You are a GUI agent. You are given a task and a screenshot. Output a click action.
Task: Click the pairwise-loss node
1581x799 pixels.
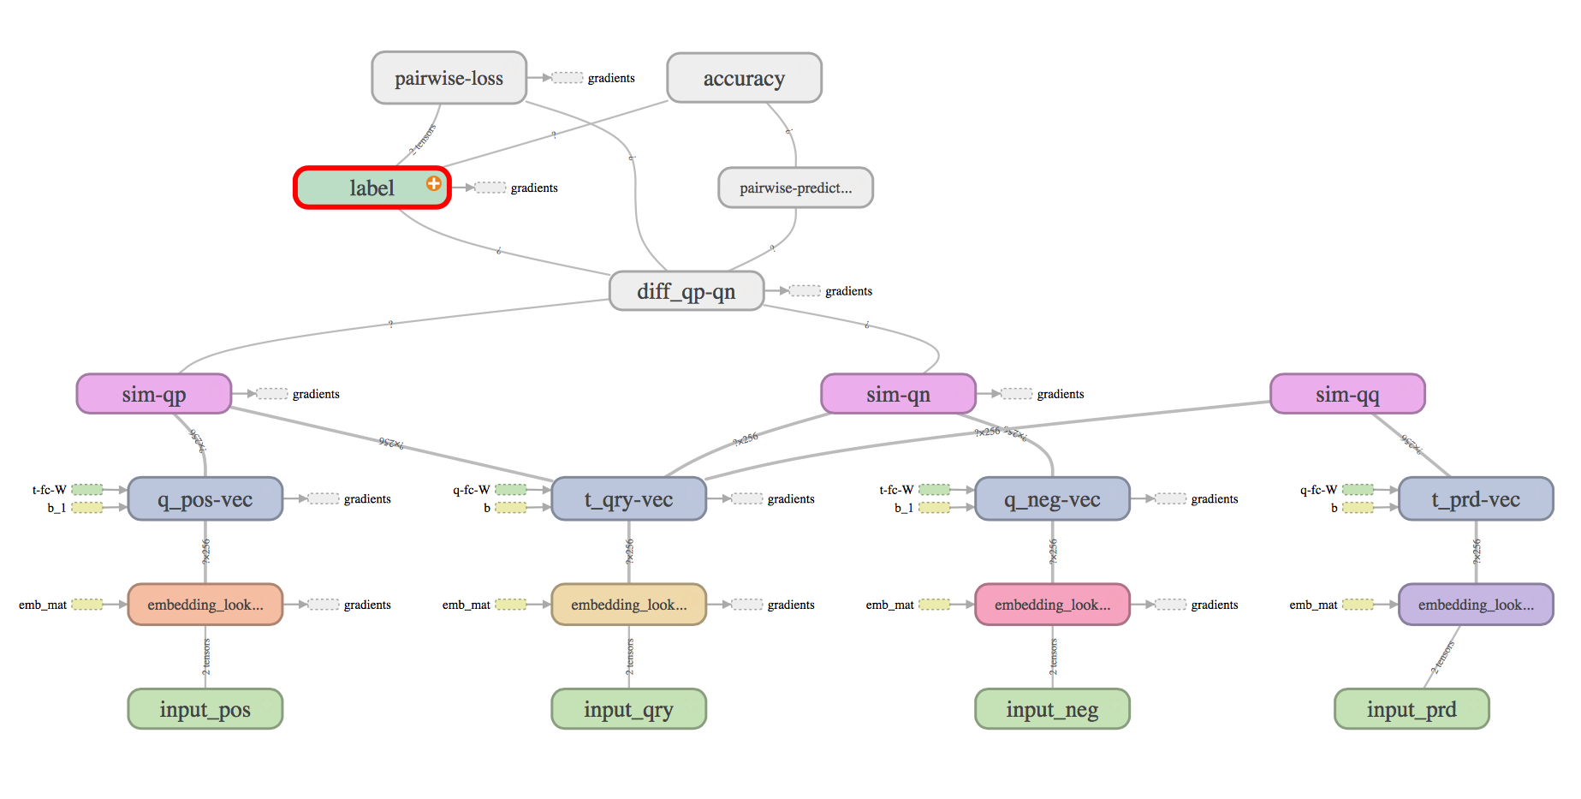click(449, 78)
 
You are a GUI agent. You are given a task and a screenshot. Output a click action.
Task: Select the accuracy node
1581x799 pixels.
click(744, 78)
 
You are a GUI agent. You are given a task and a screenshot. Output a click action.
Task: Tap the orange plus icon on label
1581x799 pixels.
click(434, 183)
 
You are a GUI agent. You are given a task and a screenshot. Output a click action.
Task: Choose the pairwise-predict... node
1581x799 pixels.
click(795, 188)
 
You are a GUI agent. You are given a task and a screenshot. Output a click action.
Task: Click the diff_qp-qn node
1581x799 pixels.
click(686, 291)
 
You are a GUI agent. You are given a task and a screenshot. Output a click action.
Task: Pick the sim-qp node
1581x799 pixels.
click(154, 394)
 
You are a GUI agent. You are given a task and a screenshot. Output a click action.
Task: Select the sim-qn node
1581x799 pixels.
click(898, 394)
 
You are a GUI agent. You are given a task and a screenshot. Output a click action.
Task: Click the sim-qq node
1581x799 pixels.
click(1347, 394)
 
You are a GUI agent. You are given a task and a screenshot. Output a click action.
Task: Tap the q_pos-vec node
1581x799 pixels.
click(205, 499)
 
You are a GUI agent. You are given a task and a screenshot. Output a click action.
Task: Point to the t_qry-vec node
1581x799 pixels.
click(628, 499)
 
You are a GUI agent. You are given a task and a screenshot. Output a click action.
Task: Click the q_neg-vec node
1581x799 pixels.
click(1052, 499)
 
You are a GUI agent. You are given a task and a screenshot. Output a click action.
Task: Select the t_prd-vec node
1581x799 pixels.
click(1476, 499)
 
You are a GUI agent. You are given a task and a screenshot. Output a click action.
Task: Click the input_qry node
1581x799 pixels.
click(628, 709)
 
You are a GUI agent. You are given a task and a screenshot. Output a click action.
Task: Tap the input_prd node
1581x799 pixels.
click(1412, 709)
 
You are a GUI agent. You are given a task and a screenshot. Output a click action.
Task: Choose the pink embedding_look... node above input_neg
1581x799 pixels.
click(1052, 605)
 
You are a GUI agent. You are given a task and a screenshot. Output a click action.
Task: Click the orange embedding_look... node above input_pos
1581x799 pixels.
click(205, 605)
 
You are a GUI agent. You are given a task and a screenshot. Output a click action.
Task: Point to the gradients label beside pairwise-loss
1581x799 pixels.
click(611, 78)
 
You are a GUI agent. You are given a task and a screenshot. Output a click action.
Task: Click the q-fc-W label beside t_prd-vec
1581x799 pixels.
click(1318, 490)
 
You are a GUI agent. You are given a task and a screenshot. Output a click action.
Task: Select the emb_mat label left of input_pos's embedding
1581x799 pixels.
click(43, 605)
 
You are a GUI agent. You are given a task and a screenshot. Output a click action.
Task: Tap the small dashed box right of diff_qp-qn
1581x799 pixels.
click(805, 291)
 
